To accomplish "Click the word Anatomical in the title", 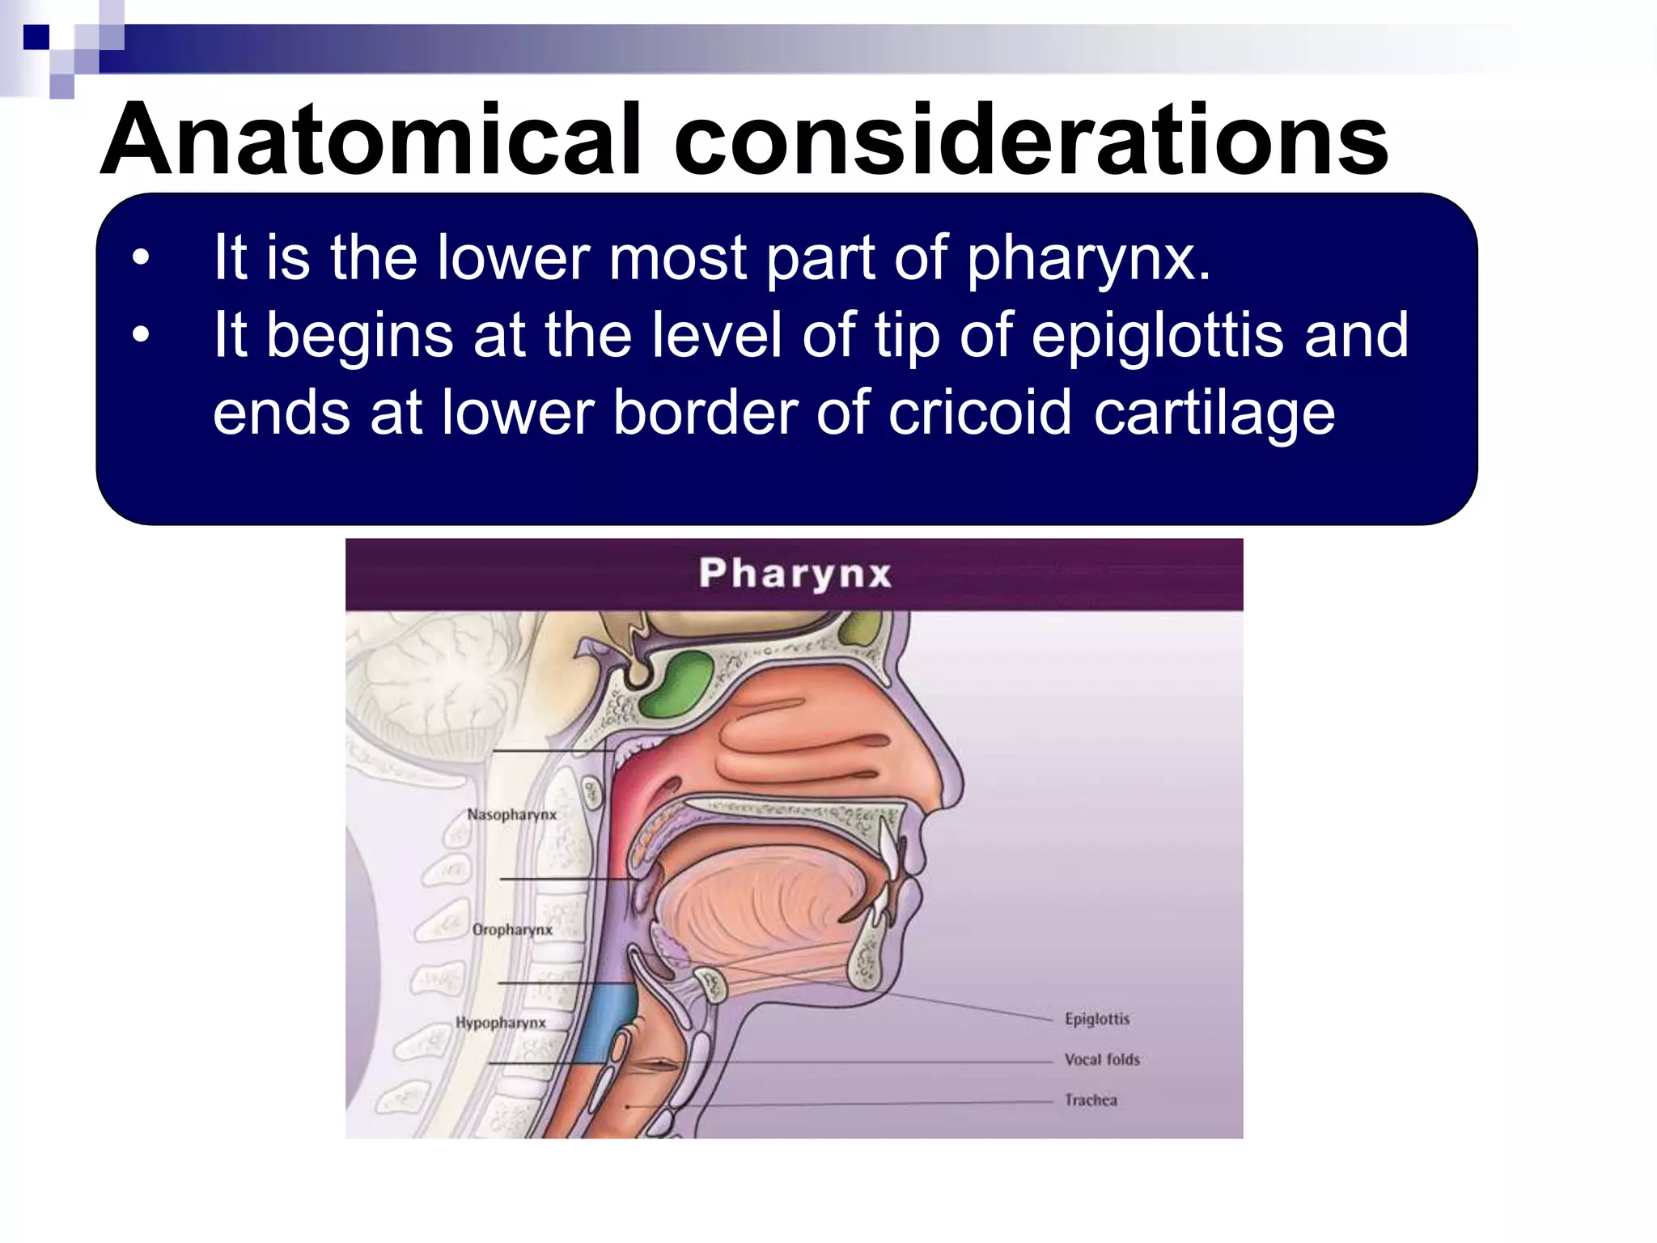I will point(371,139).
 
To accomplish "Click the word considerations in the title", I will point(1032,139).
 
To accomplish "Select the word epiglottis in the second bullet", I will point(1157,335).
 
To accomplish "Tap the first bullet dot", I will point(142,258).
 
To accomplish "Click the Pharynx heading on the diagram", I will point(795,573).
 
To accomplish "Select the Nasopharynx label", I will point(512,814).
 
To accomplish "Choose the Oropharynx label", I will point(512,930).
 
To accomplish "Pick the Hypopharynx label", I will point(501,1023).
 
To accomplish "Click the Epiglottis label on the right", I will point(1097,1019).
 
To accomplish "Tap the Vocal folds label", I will point(1102,1059).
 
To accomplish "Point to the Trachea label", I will point(1091,1100).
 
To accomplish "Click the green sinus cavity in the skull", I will point(676,682).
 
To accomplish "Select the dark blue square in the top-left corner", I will point(36,37).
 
